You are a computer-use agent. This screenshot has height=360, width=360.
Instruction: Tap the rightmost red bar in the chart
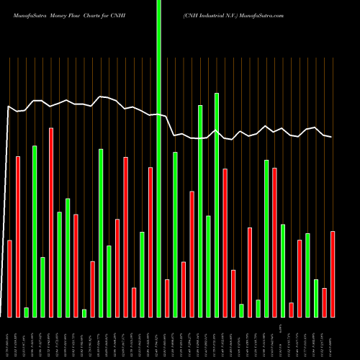tap(333, 274)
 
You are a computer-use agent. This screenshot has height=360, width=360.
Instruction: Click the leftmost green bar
tap(26, 312)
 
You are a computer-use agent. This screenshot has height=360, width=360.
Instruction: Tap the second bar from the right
tap(325, 302)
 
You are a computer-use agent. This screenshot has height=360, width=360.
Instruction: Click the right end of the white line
tap(331, 137)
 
